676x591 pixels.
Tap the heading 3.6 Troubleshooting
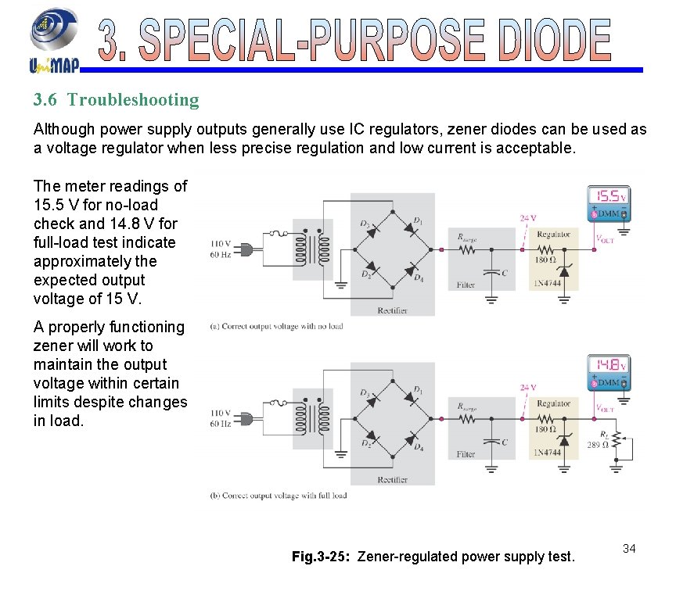(116, 100)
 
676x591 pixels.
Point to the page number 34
(629, 549)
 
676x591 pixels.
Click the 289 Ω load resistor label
(599, 445)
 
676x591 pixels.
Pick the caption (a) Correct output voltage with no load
(277, 326)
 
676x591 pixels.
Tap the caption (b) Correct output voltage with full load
(279, 495)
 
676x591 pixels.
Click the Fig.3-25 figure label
(322, 557)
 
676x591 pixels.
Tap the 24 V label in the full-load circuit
(528, 387)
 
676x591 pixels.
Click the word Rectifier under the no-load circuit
(392, 310)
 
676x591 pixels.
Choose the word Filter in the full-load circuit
(466, 454)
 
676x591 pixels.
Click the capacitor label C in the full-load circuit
(505, 442)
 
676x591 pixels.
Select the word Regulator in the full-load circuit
(553, 403)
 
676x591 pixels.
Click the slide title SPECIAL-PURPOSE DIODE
(355, 40)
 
